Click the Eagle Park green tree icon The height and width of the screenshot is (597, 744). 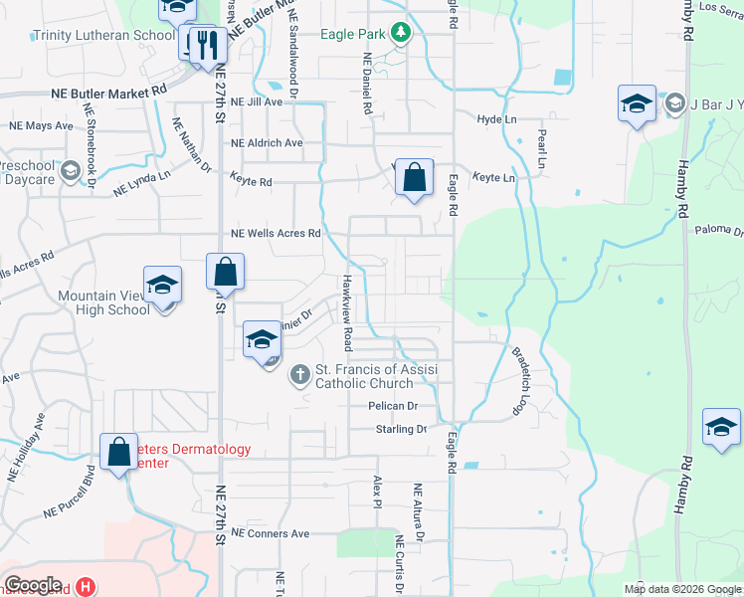point(400,34)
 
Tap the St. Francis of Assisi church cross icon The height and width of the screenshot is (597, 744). point(299,376)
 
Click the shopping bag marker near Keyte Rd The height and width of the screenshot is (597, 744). point(414,179)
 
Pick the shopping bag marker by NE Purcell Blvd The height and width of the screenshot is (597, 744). point(118,452)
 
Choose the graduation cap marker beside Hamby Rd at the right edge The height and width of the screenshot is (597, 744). point(721,428)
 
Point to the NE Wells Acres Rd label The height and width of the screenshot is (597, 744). point(276,234)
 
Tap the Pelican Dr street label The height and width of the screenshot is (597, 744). point(393,406)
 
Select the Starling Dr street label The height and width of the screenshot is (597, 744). point(400,429)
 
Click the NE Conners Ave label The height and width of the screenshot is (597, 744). point(270,533)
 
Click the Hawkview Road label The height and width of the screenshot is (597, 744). point(347,312)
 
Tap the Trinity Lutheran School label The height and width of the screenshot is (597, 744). point(103,35)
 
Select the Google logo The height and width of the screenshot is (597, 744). point(32,585)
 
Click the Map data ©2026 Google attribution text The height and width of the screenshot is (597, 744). point(681,589)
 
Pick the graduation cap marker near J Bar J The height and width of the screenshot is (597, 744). point(636,105)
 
